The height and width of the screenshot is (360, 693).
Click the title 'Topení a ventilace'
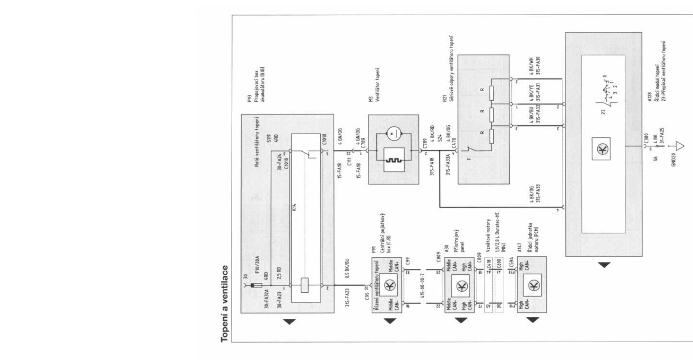point(225,303)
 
